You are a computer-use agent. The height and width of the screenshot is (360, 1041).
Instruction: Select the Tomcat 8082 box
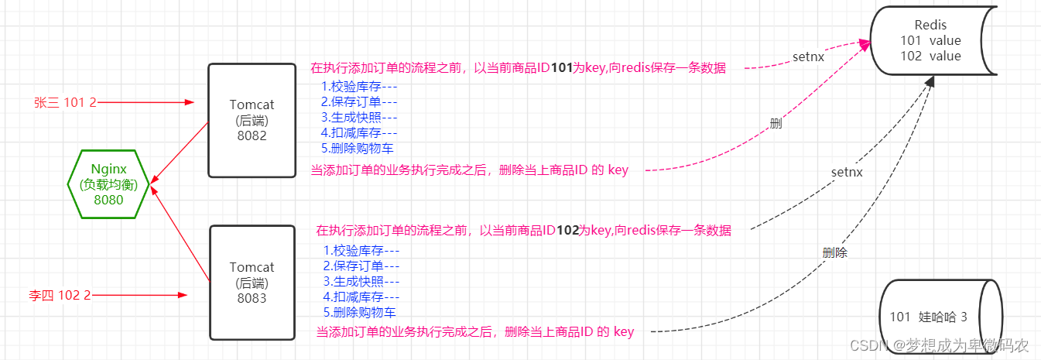pos(252,121)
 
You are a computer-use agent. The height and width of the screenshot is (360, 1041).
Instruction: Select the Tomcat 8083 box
pos(252,283)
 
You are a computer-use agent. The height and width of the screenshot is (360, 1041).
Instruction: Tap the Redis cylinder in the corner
pos(935,41)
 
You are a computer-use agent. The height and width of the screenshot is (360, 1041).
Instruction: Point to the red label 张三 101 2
pos(65,101)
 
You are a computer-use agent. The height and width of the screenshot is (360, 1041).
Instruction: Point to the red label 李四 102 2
pos(60,295)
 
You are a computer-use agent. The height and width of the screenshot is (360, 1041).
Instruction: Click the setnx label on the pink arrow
pos(808,57)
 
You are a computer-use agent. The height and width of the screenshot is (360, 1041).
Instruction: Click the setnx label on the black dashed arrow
pos(847,172)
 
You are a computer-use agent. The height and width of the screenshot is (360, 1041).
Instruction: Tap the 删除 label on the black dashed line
pos(835,252)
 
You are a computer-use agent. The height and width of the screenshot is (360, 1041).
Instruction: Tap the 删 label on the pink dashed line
pos(776,123)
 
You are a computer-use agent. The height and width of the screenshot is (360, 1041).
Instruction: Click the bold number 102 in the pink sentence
pos(567,230)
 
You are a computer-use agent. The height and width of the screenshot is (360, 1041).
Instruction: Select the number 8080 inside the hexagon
pos(108,200)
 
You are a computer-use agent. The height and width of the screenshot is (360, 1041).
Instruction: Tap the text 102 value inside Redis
pos(931,56)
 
